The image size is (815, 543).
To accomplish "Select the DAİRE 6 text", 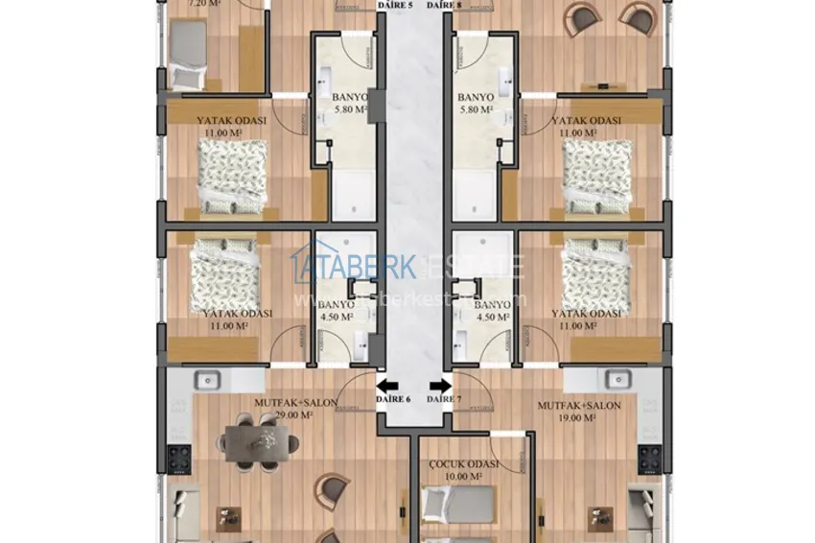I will [394, 398].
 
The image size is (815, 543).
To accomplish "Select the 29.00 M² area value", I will [295, 416].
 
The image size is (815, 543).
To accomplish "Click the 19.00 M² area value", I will [579, 416].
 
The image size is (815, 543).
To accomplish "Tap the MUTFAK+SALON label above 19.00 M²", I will [579, 405].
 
